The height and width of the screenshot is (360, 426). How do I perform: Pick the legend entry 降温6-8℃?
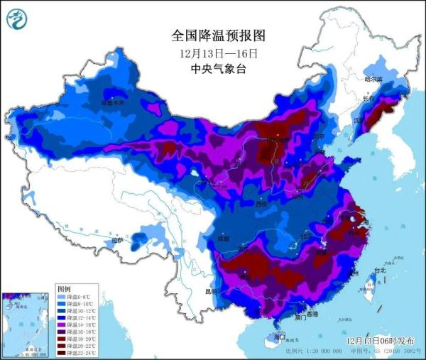(x=77, y=298)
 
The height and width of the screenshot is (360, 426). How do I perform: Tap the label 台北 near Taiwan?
(x=379, y=270)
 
